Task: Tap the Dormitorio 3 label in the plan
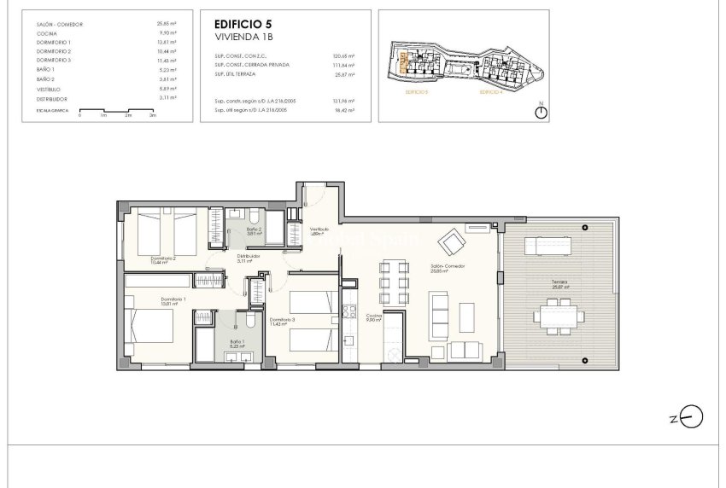(282, 322)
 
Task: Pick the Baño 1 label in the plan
(237, 344)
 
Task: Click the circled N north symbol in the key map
(541, 113)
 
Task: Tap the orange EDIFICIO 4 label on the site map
(491, 90)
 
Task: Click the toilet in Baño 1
(248, 322)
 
